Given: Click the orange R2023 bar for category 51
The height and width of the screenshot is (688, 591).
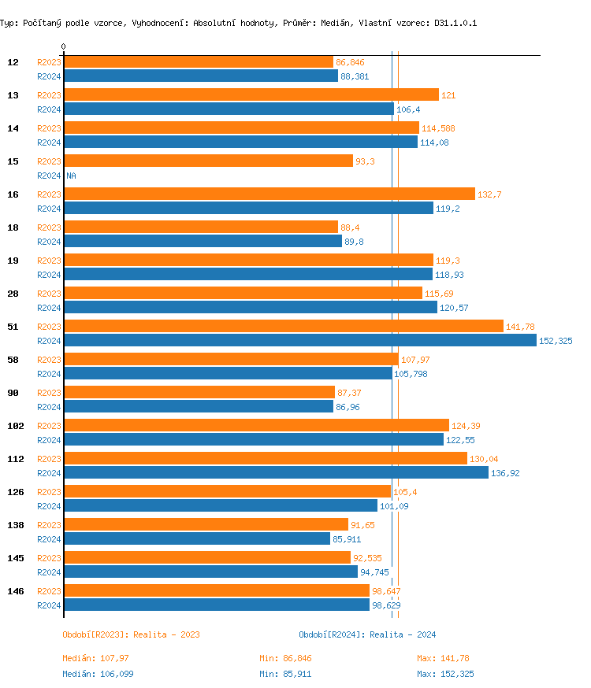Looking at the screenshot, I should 283,326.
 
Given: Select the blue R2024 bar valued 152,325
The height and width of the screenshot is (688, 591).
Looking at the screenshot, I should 299,340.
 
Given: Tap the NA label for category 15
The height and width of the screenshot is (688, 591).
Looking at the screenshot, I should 71,176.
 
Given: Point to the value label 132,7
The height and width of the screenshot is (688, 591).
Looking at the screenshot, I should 489,194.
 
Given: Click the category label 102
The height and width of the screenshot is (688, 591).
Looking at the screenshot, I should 15,426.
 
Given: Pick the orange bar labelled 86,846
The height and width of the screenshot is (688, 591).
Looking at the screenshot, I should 198,61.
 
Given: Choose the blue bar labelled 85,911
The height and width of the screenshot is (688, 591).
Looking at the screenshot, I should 196,538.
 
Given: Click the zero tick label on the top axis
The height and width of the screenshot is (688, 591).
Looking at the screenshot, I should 63,46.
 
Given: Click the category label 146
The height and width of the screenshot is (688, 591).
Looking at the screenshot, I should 15,591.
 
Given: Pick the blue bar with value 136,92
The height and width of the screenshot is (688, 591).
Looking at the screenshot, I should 276,472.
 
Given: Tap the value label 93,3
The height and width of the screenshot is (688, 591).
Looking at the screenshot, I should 365,161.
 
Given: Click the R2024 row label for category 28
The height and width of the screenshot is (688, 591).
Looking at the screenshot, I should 49,308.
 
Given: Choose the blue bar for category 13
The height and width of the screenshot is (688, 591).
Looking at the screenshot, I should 229,109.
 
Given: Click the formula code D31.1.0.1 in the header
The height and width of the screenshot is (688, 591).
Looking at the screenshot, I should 455,23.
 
